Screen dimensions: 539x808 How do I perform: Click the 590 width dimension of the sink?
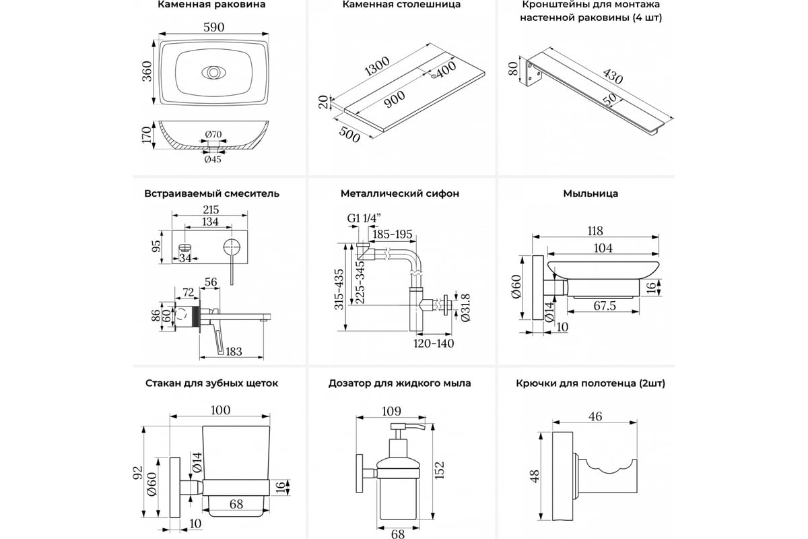[x=213, y=27]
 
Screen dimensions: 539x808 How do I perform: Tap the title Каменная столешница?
[x=401, y=5]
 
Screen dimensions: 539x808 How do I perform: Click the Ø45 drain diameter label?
[x=213, y=159]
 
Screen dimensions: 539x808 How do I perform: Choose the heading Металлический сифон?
[x=400, y=193]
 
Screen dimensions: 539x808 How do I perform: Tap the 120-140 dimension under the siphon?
[x=434, y=343]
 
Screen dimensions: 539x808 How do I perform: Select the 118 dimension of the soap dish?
[x=595, y=230]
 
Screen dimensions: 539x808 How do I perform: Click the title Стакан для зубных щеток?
[x=211, y=383]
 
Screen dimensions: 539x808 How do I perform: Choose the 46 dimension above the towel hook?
[x=595, y=416]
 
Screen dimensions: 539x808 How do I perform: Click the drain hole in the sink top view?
[x=213, y=72]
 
